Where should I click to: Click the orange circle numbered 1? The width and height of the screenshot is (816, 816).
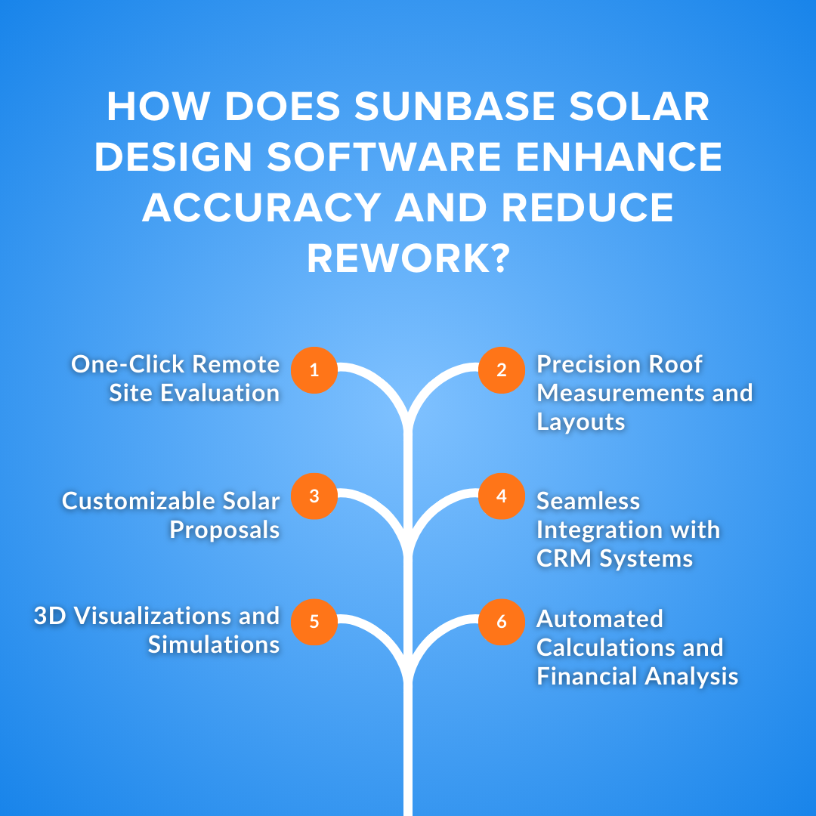(314, 370)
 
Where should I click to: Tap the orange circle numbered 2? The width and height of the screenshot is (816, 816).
(502, 370)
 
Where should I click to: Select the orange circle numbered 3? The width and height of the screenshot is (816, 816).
(314, 496)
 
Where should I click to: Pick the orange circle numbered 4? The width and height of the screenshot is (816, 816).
(502, 496)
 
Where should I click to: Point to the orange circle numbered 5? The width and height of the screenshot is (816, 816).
(314, 622)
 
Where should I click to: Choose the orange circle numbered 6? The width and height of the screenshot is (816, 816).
(502, 622)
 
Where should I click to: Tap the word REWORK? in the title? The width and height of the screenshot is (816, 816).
(408, 259)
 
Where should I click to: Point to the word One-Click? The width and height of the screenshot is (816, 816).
(126, 365)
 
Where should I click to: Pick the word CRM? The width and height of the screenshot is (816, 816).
(562, 559)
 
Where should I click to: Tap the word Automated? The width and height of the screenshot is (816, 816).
(600, 619)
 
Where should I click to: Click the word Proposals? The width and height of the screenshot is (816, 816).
(224, 530)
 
